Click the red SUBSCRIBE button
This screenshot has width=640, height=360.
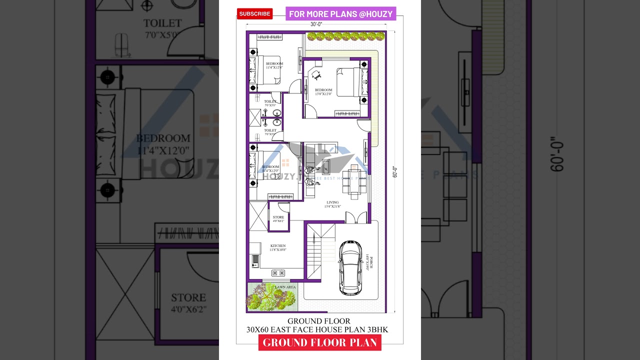[x=254, y=14]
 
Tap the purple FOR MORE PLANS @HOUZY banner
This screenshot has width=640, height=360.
[x=340, y=14]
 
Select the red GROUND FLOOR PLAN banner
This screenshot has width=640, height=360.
[x=320, y=342]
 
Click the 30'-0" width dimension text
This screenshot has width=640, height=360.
[x=316, y=24]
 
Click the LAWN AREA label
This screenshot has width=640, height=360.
[x=285, y=287]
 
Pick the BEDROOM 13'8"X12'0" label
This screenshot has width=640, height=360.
[x=323, y=92]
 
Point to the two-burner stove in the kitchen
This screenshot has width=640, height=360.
[x=278, y=273]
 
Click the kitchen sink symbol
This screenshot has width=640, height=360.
[x=255, y=259]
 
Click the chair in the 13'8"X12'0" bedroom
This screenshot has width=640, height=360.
[x=316, y=75]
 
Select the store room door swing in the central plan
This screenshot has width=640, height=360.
[x=283, y=207]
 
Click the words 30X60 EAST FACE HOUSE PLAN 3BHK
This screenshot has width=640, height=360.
[x=317, y=330]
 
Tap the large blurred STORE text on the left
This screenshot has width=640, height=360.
[x=188, y=298]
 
